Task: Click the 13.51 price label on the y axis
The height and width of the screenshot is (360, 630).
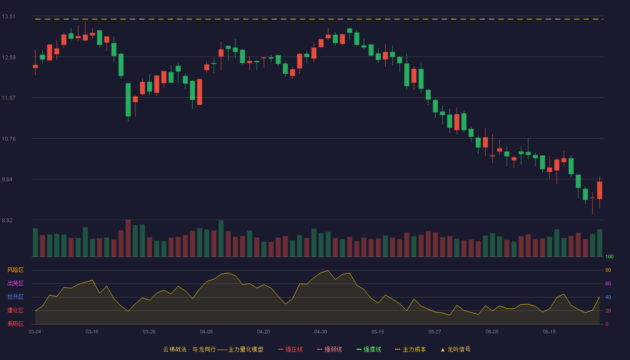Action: [x=9, y=17]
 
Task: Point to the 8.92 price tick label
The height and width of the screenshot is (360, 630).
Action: [x=7, y=220]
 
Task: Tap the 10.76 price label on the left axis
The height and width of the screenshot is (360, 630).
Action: [x=9, y=139]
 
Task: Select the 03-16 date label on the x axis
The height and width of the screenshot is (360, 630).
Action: [x=92, y=332]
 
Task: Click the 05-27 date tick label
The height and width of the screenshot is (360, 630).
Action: [x=435, y=332]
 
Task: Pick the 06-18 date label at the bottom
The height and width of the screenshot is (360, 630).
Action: [x=549, y=332]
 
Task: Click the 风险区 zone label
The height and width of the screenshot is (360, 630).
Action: [x=15, y=270]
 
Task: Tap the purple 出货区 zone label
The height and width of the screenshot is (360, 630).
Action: [x=15, y=283]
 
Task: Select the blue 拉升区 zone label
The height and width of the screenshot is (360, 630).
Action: [x=15, y=297]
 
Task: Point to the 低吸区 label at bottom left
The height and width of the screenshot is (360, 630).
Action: [x=15, y=324]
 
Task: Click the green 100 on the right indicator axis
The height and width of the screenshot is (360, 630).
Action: [x=609, y=256]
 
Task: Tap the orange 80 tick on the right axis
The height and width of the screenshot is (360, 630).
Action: [x=608, y=270]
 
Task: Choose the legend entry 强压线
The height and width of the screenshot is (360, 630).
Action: [x=291, y=349]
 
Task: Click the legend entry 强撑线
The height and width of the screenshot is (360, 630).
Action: [x=369, y=349]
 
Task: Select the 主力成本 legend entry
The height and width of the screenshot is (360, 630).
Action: [x=410, y=349]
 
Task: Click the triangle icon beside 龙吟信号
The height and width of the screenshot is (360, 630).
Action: [x=443, y=350]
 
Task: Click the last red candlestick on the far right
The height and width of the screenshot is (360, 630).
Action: [x=599, y=190]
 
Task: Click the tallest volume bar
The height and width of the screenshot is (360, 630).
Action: [x=128, y=238]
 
